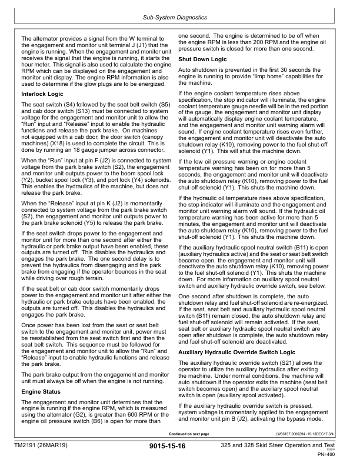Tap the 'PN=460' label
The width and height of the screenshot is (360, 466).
(x=331, y=455)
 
